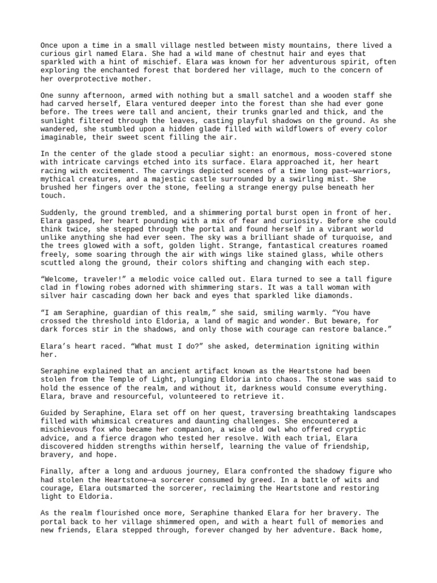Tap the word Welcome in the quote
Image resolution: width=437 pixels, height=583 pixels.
[63, 279]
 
